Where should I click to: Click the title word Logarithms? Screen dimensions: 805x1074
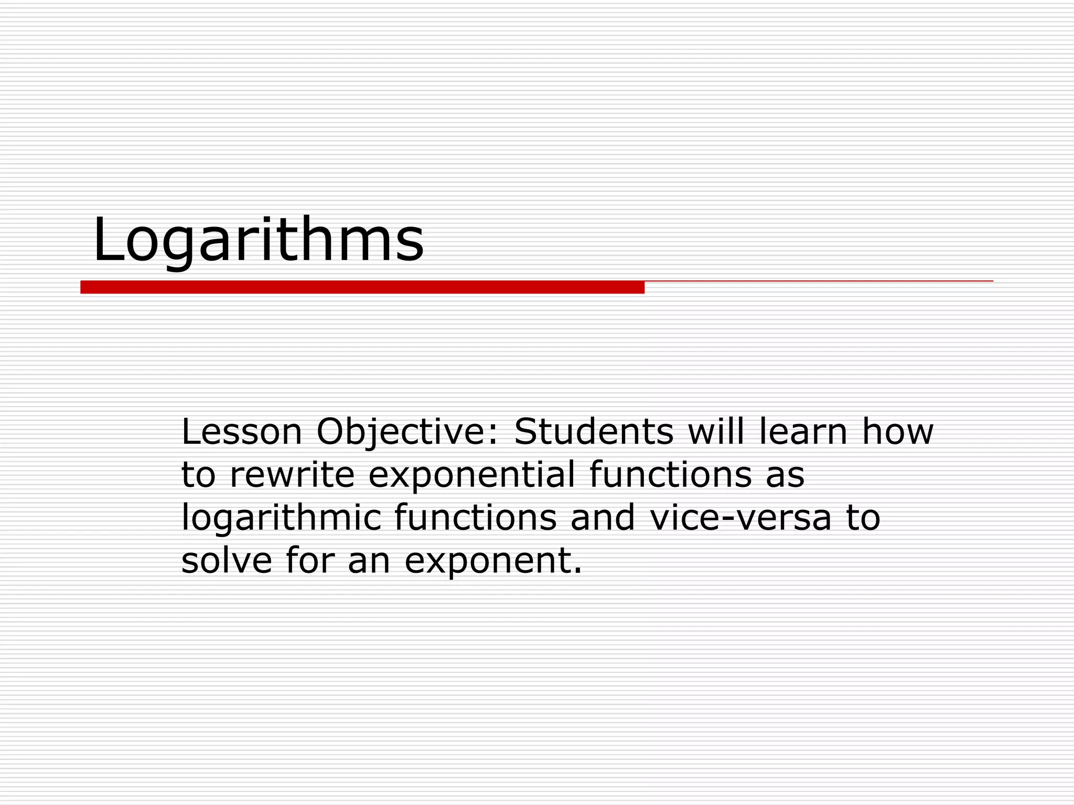tap(258, 240)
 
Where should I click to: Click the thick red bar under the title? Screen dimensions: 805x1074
tap(362, 287)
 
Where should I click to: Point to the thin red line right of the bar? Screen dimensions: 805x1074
tap(818, 281)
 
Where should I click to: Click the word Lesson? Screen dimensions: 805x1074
tap(242, 432)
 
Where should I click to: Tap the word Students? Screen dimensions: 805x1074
tap(593, 432)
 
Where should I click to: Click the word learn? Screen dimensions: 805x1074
tap(803, 432)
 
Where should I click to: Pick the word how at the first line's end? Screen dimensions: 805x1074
tap(898, 432)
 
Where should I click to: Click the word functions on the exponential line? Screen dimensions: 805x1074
tap(670, 475)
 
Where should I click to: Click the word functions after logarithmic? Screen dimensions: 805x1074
tap(475, 518)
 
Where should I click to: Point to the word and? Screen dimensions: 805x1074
tap(603, 518)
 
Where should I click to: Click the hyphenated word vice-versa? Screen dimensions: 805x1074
tap(740, 518)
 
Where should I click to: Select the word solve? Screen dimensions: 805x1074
tap(227, 561)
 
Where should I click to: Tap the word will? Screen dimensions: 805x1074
tap(716, 432)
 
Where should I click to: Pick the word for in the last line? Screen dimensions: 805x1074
tap(310, 561)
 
